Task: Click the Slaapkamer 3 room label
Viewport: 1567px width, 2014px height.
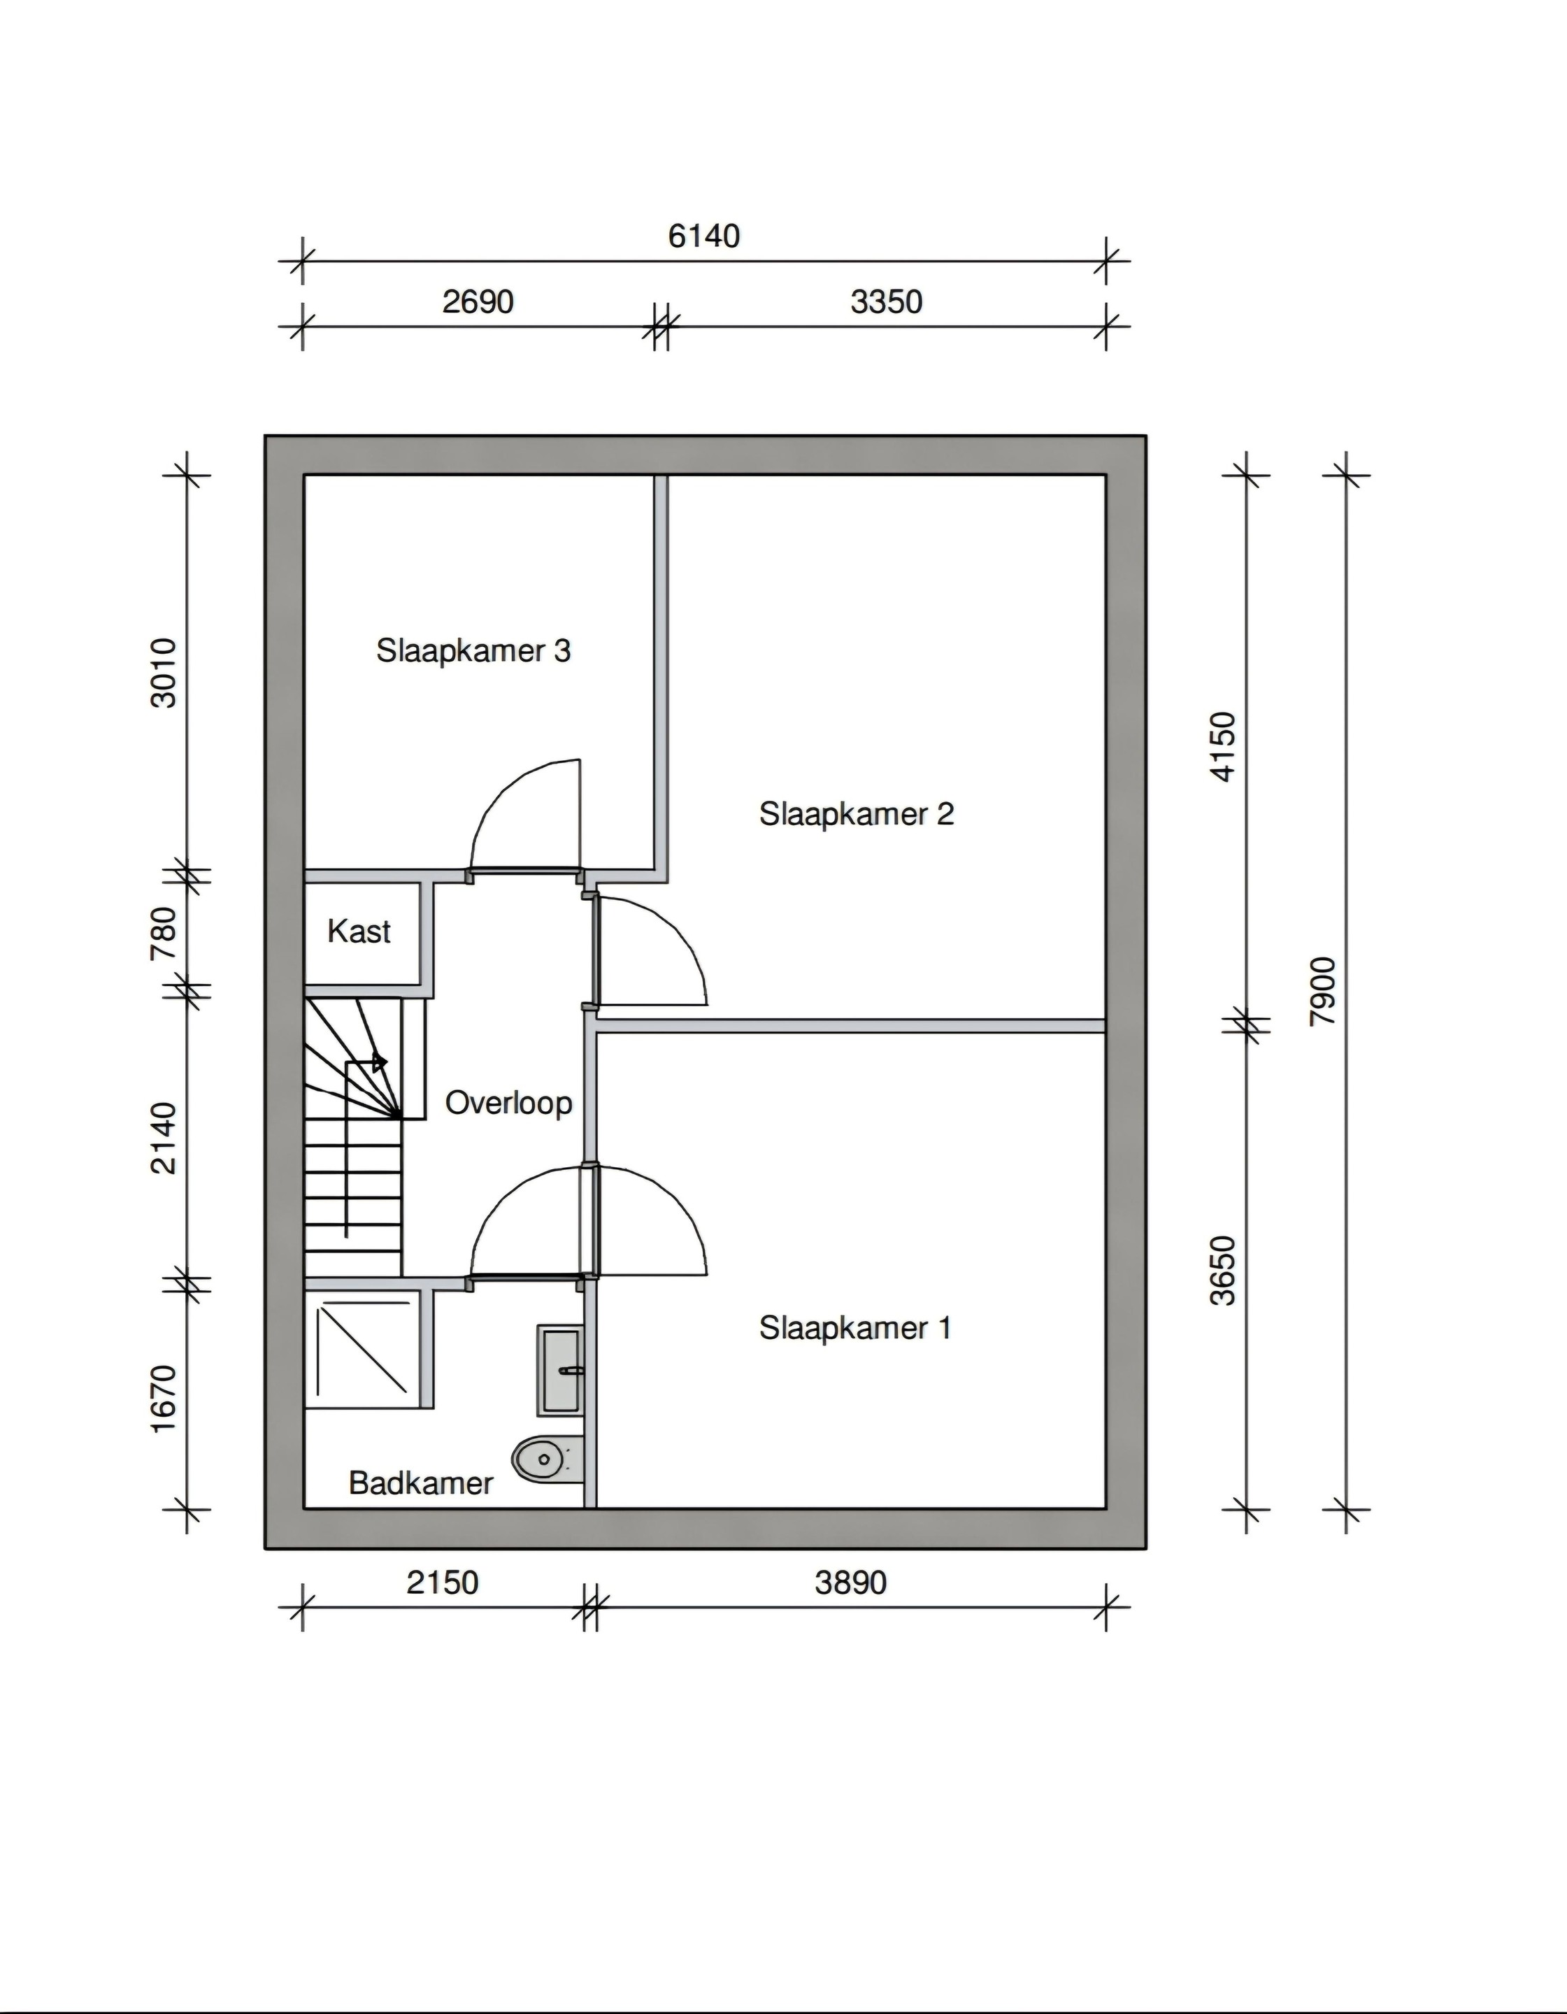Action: [x=473, y=651]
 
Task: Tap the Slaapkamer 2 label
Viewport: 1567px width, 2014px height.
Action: [x=856, y=814]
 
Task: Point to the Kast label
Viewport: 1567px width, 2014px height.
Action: [x=359, y=931]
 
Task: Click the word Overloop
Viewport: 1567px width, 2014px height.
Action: [x=508, y=1103]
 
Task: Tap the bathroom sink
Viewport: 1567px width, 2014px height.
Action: [x=561, y=1371]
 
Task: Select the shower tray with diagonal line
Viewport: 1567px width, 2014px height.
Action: [x=362, y=1348]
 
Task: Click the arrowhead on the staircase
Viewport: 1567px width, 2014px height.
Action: [x=379, y=1062]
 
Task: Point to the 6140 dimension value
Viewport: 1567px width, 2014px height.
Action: [x=703, y=236]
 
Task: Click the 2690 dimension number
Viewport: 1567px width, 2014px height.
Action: [x=478, y=301]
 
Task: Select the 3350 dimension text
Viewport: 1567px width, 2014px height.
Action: [x=887, y=301]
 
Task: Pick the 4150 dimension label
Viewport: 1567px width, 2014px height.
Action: [x=1222, y=747]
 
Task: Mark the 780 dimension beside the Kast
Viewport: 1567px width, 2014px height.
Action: [x=163, y=934]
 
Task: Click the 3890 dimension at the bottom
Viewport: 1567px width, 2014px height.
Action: [x=850, y=1583]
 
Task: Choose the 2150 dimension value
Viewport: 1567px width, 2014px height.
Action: [x=443, y=1583]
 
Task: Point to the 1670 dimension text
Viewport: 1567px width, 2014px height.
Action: [x=163, y=1399]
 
